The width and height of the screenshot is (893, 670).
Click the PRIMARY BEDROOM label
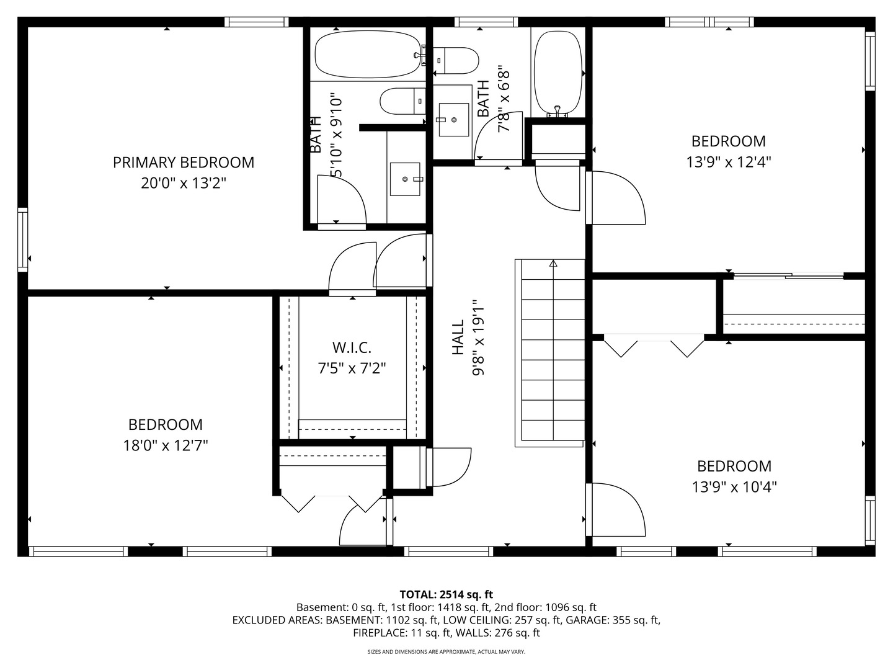[x=183, y=163]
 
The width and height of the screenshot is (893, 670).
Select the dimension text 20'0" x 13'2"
[x=183, y=184]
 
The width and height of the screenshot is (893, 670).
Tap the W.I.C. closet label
[x=352, y=347]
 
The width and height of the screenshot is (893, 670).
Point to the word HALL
[x=458, y=337]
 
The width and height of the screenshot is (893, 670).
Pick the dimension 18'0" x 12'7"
[x=165, y=445]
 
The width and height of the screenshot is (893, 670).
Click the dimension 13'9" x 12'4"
[x=728, y=162]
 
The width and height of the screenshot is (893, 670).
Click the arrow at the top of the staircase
[x=553, y=264]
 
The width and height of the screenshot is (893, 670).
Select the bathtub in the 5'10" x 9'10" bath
[x=368, y=55]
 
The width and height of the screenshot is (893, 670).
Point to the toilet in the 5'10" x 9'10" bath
[x=402, y=101]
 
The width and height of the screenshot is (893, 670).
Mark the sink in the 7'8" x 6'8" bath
[x=453, y=119]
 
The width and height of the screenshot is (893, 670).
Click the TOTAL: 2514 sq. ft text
[x=446, y=594]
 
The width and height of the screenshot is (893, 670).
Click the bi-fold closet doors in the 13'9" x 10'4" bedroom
[x=654, y=345]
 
